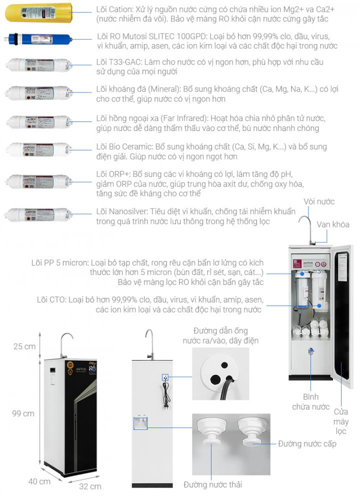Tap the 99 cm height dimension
pos(23,413)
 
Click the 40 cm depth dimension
pos(39,481)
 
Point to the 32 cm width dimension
pos(90,486)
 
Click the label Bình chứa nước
pos(310,402)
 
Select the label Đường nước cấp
pos(307,443)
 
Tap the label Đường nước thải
pos(212,484)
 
